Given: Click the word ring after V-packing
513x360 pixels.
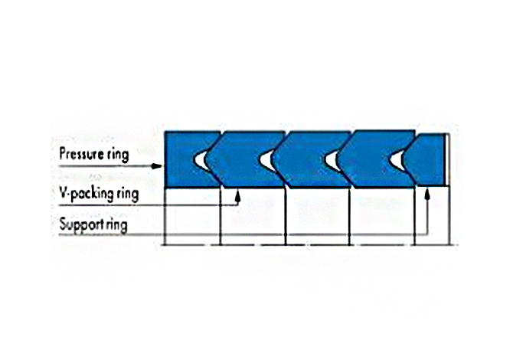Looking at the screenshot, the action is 127,195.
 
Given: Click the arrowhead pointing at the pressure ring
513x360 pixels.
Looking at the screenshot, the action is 157,166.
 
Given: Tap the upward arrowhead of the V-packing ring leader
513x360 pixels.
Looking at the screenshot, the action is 238,196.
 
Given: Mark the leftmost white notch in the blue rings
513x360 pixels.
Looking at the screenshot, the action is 201,160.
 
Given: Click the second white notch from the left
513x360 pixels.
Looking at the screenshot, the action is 266,160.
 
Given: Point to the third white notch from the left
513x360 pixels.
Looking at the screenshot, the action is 332,160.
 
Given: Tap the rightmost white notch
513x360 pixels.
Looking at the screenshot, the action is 397,160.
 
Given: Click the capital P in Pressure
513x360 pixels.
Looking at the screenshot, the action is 63,153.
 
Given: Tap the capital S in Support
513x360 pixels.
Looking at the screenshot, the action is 63,224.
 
